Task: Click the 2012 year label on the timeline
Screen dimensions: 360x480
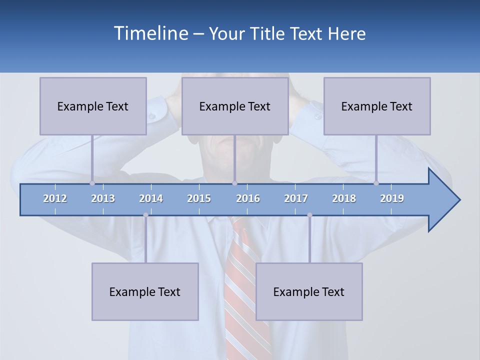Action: tap(55, 199)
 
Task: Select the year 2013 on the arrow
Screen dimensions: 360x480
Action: tap(103, 199)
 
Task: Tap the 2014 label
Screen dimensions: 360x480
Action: tap(151, 199)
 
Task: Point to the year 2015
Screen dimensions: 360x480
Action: tap(199, 199)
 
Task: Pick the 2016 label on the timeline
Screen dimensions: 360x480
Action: tap(248, 199)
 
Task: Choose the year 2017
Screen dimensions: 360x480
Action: tap(296, 199)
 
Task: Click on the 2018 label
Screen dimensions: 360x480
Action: tap(344, 199)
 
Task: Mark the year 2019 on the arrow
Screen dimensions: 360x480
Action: tap(392, 199)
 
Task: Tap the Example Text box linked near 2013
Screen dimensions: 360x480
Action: tap(93, 106)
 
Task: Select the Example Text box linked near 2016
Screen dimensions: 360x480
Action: tap(235, 106)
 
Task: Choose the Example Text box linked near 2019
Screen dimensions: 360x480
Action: tap(377, 106)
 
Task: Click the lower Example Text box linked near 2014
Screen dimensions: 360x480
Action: tap(145, 292)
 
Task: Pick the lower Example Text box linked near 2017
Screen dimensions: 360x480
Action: tap(309, 292)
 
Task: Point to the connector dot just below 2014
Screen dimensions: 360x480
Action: tap(145, 215)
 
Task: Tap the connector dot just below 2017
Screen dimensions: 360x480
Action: tap(309, 215)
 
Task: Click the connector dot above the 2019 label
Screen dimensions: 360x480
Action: tap(376, 183)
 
